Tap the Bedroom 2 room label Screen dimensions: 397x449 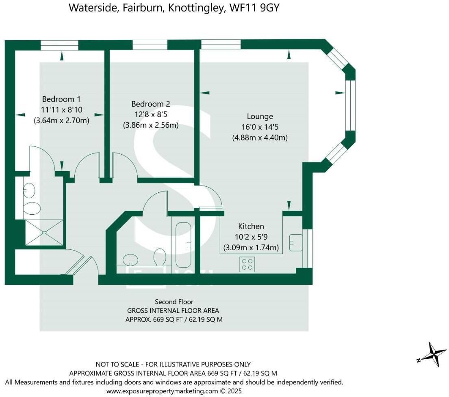tap(151, 104)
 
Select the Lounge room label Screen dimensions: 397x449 tap(260, 116)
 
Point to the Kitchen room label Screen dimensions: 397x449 tap(251, 226)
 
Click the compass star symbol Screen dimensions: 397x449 tap(432, 354)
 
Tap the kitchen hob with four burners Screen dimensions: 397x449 tap(247, 264)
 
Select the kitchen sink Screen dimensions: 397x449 tap(296, 243)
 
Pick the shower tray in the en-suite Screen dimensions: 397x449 tap(44, 233)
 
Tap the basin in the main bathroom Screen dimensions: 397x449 tap(130, 259)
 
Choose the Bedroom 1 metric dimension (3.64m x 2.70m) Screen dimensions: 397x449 tap(62, 120)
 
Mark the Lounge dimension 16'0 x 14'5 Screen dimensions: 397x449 tap(260, 127)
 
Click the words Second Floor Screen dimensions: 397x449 tap(174, 302)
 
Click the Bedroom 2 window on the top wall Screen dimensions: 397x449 tap(150, 45)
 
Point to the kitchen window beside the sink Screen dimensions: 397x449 tap(310, 248)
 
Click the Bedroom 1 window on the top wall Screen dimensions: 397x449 tap(59, 45)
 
